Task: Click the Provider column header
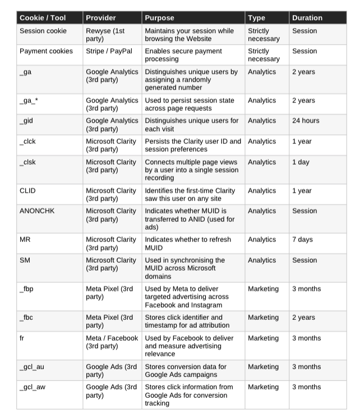[101, 17]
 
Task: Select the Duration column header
[307, 17]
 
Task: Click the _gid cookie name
[27, 120]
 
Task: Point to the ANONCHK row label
[36, 211]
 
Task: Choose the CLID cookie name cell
[27, 191]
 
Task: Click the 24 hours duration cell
[306, 120]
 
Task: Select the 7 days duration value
[303, 240]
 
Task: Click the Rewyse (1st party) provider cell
[107, 35]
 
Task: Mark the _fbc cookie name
[26, 318]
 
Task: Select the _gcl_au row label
[31, 367]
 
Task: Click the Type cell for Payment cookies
[264, 55]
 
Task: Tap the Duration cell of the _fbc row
[303, 318]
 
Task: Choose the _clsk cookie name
[27, 162]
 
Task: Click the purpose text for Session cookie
[188, 35]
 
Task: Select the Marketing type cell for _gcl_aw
[263, 387]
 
